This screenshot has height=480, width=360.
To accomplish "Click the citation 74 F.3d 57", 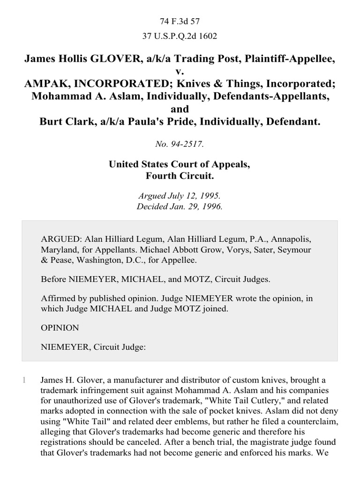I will click(x=180, y=22).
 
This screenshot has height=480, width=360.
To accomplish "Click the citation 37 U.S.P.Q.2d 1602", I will click(x=180, y=36).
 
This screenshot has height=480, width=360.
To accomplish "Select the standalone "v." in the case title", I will click(x=180, y=72).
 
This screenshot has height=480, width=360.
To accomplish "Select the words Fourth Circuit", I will click(x=180, y=177).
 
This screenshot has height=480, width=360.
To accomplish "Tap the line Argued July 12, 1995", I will click(x=180, y=197).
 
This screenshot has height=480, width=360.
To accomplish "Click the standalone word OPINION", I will click(x=60, y=328).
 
